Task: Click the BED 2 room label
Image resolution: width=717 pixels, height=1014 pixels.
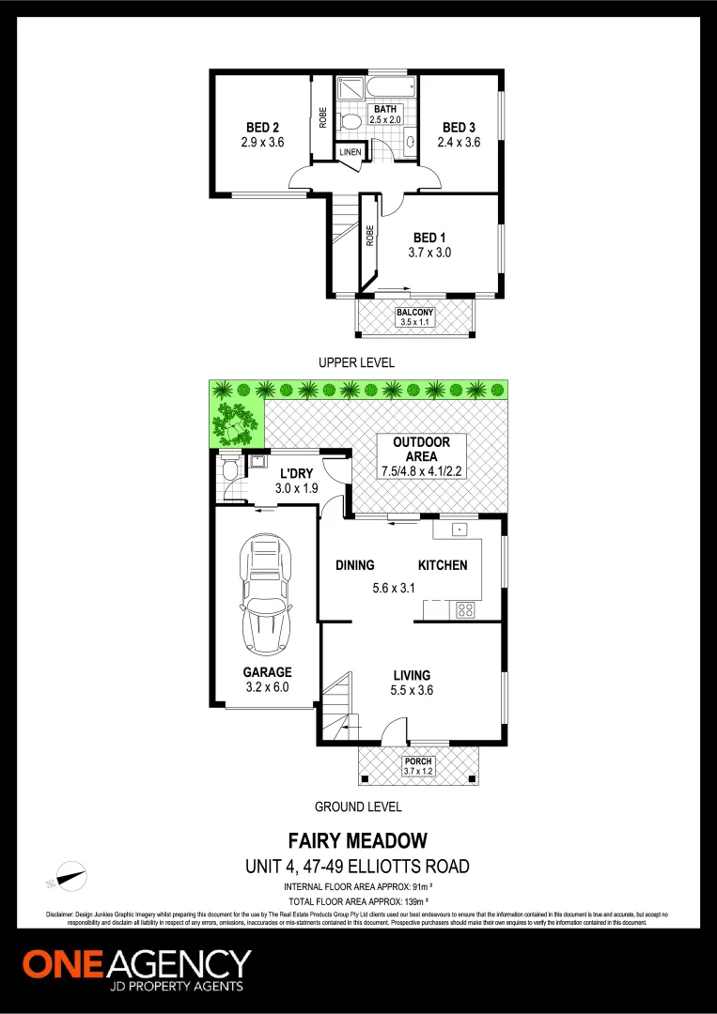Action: pos(262,127)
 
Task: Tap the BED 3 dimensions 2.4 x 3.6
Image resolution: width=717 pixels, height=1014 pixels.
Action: pos(459,143)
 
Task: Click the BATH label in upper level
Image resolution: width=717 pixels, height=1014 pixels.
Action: pos(385,110)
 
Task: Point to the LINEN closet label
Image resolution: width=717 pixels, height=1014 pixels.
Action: pos(350,152)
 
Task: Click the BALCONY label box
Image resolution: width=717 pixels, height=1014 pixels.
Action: pos(414,316)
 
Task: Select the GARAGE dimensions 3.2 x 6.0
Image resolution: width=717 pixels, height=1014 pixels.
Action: pos(267,687)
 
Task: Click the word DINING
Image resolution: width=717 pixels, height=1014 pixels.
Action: pos(355,565)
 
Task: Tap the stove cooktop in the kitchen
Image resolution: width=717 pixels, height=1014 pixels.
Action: pos(464,609)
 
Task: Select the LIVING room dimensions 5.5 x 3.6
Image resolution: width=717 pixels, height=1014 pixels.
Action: pos(412,691)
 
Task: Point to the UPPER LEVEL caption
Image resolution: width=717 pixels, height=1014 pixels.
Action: pos(356,362)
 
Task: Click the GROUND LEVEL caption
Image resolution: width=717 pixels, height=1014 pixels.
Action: pos(358,807)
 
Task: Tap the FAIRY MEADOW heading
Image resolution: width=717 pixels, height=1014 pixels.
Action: pos(357,840)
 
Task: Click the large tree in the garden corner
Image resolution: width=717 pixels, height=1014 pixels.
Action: pos(235,422)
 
